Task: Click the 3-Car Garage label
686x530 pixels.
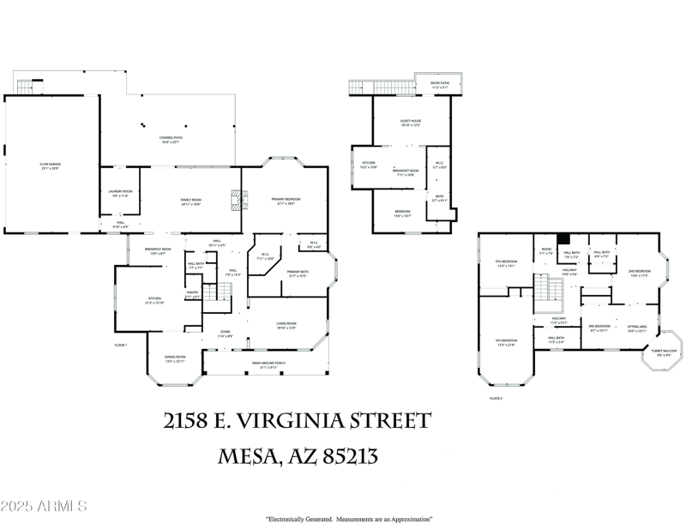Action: point(49,165)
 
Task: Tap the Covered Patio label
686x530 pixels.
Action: point(170,140)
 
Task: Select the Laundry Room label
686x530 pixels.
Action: point(119,193)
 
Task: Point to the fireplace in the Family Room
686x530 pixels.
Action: point(232,201)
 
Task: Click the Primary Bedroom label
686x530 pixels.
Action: point(285,201)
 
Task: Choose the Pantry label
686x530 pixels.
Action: point(193,294)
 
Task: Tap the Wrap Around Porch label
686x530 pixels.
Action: point(268,366)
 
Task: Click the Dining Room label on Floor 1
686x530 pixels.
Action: point(175,360)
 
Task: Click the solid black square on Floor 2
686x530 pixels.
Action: point(563,240)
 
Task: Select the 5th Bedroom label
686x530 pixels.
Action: point(505,263)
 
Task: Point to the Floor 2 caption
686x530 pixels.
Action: point(496,399)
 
